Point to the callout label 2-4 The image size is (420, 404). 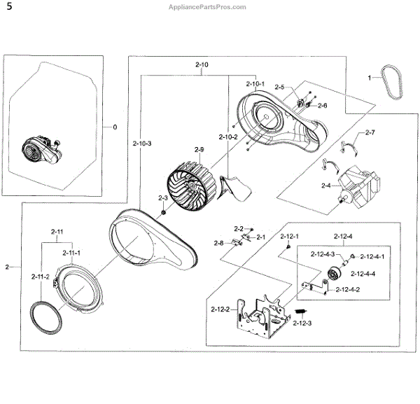pyautogui.click(x=325, y=186)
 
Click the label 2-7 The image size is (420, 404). pyautogui.click(x=370, y=133)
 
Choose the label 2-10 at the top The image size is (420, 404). pyautogui.click(x=202, y=64)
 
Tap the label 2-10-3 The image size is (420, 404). pyautogui.click(x=141, y=143)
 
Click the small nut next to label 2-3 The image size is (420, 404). pyautogui.click(x=162, y=212)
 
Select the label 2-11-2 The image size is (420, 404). pyautogui.click(x=40, y=277)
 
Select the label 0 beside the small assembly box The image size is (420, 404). pyautogui.click(x=115, y=127)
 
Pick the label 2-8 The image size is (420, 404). pyautogui.click(x=218, y=243)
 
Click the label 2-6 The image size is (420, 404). pyautogui.click(x=322, y=106)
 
